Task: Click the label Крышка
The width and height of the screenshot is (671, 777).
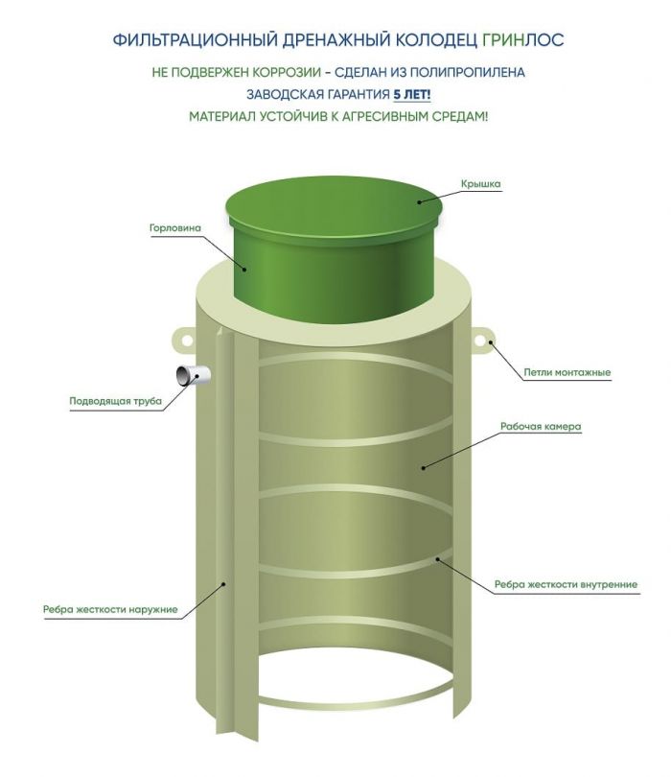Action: point(480,184)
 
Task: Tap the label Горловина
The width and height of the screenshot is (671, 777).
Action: point(175,228)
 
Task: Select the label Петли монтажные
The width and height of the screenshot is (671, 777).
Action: point(567,372)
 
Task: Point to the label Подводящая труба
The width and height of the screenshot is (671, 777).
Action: point(115,401)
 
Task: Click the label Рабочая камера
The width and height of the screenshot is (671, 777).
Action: point(541,426)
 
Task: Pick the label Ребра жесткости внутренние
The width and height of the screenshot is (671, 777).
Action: point(566,585)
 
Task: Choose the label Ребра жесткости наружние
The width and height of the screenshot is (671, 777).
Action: point(110,609)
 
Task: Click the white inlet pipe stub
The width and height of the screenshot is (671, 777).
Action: point(194,375)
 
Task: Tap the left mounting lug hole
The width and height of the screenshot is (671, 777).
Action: point(187,340)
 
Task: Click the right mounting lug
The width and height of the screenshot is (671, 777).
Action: point(481,341)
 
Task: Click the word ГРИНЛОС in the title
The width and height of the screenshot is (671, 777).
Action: point(523,39)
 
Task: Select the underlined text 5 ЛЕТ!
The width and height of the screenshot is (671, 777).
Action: point(412,94)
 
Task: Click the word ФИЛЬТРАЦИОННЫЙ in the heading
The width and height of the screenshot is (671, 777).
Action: point(195,39)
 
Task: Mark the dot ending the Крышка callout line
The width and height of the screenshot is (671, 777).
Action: point(419,201)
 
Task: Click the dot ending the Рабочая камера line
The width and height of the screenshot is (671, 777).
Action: point(424,467)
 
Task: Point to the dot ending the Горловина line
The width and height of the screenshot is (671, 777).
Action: point(244,270)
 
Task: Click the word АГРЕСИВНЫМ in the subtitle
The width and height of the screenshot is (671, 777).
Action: point(385,117)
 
